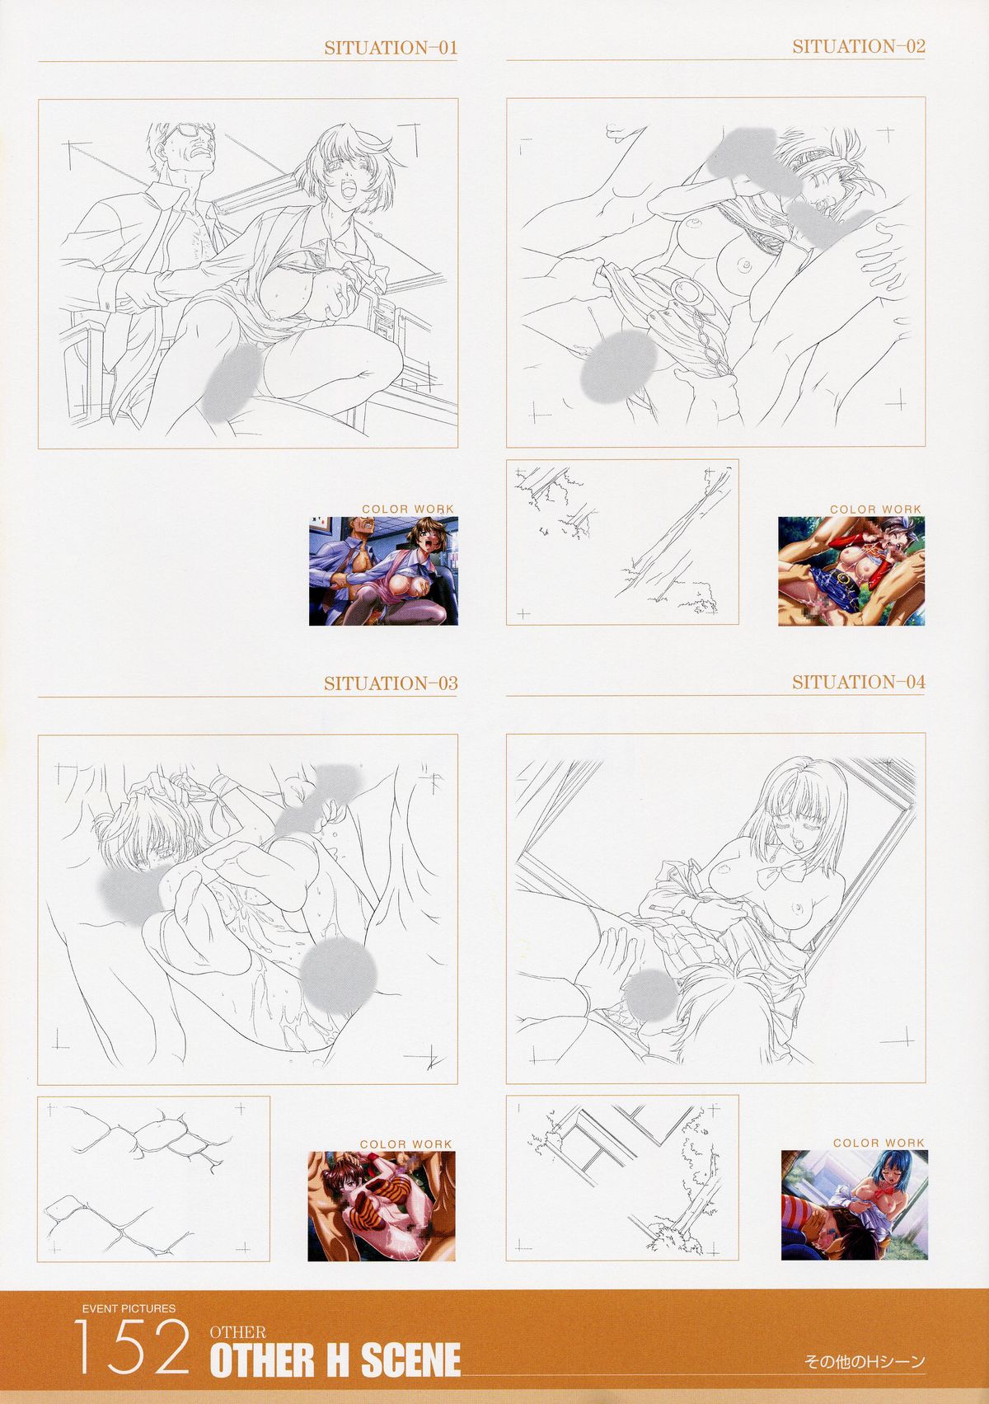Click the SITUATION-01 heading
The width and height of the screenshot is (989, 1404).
click(391, 48)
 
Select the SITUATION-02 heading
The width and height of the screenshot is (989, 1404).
click(859, 46)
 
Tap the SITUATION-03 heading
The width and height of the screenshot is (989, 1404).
click(391, 683)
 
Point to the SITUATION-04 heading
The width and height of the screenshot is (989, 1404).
click(859, 682)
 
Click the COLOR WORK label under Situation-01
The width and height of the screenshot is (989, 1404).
click(407, 509)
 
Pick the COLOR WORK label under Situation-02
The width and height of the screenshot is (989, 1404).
click(875, 509)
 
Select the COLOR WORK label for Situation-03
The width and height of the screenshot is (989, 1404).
click(405, 1144)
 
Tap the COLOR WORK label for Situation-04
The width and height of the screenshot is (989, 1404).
click(879, 1143)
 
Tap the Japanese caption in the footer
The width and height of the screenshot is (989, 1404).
click(865, 1360)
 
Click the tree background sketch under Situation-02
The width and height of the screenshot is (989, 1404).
click(622, 542)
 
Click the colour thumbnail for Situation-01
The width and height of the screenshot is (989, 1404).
click(383, 571)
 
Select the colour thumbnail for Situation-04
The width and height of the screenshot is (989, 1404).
click(855, 1204)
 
